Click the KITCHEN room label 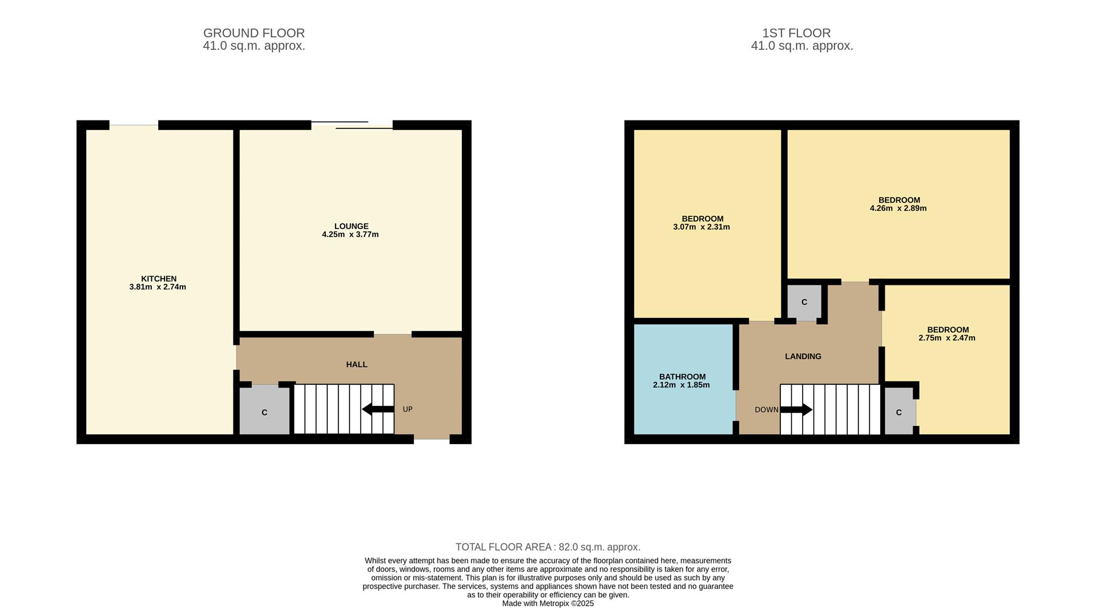pyautogui.click(x=159, y=279)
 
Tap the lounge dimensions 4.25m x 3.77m pyautogui.click(x=350, y=235)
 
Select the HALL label pyautogui.click(x=356, y=364)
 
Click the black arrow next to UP pyautogui.click(x=377, y=409)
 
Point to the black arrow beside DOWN pyautogui.click(x=796, y=409)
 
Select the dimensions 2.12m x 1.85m pyautogui.click(x=681, y=385)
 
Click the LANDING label pyautogui.click(x=803, y=356)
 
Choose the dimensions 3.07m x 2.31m pyautogui.click(x=701, y=227)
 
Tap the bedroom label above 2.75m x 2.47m pyautogui.click(x=948, y=329)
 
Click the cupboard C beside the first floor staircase pyautogui.click(x=899, y=412)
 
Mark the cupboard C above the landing pyautogui.click(x=804, y=302)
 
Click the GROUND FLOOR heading pyautogui.click(x=254, y=33)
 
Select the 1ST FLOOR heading pyautogui.click(x=796, y=33)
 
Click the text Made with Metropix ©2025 pyautogui.click(x=547, y=603)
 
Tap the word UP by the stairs pyautogui.click(x=408, y=409)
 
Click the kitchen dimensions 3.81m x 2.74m pyautogui.click(x=158, y=287)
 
